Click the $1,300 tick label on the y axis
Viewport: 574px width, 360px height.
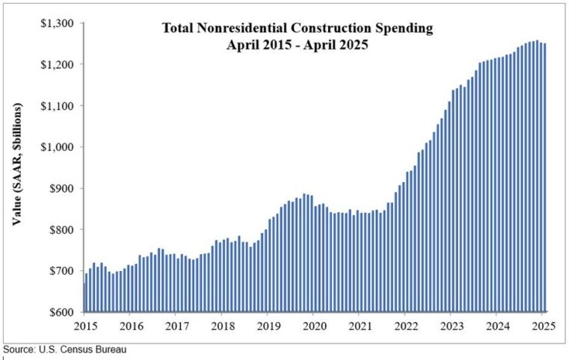[58, 23]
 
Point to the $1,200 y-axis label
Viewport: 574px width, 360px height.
[58, 65]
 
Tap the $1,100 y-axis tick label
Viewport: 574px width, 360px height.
[58, 106]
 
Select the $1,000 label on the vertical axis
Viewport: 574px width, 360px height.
[58, 147]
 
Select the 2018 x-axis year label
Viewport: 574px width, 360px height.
[222, 326]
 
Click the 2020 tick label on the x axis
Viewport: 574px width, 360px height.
[314, 326]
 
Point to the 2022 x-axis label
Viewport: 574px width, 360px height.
[406, 326]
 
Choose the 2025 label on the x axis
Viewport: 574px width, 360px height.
[543, 326]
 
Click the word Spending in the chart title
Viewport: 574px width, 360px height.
[406, 29]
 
